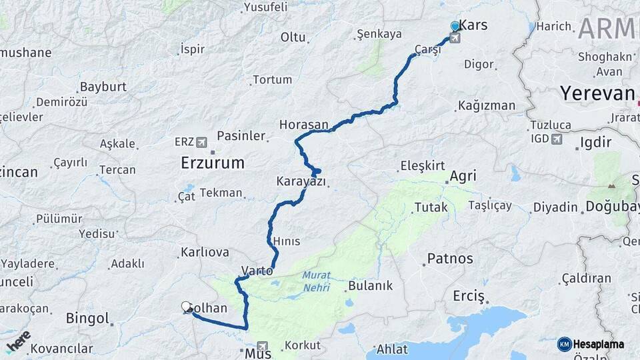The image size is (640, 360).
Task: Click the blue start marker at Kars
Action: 455,26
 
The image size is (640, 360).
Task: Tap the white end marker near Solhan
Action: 186,307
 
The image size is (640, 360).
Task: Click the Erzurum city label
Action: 213,163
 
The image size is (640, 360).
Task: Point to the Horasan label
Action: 304,125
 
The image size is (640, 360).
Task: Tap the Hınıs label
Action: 286,241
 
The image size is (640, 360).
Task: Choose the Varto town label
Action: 257,271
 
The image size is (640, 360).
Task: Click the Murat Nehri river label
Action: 316,280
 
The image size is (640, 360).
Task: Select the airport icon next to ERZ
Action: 201,142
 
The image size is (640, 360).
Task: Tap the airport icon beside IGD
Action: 556,139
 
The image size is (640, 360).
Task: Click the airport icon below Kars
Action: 455,38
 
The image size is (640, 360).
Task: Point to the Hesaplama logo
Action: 591,344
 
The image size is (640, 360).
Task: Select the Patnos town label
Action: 450,259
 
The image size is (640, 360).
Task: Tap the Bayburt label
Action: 103,87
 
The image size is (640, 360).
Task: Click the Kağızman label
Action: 487,105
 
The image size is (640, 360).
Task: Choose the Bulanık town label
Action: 370,285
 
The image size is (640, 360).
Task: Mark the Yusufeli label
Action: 265,7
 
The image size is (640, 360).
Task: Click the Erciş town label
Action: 468,296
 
